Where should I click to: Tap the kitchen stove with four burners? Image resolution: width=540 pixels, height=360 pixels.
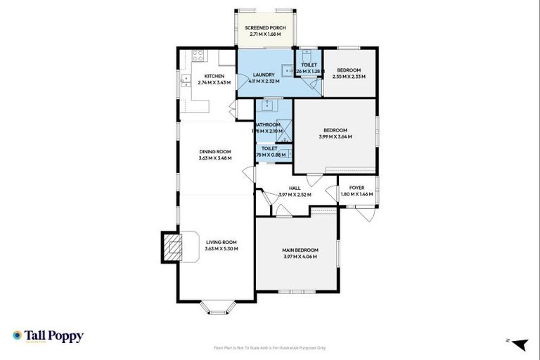pyautogui.click(x=198, y=56)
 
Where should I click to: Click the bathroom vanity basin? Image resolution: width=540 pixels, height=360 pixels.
pyautogui.click(x=266, y=106)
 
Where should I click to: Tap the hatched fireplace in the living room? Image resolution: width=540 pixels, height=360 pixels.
pyautogui.click(x=171, y=246)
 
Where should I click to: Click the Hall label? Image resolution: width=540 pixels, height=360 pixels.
pyautogui.click(x=294, y=188)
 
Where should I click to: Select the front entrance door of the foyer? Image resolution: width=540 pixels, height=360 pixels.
pyautogui.click(x=366, y=211)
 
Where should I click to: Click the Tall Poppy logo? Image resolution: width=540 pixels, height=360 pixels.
pyautogui.click(x=48, y=336)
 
